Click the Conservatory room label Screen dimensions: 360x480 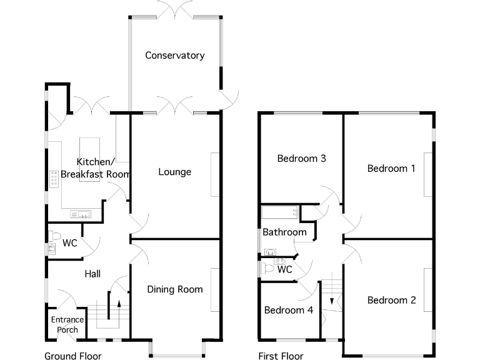174,56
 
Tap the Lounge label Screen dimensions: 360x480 174,172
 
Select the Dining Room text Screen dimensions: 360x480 175,289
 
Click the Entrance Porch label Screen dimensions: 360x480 67,325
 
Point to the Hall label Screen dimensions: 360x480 92,274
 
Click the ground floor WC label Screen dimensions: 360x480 70,242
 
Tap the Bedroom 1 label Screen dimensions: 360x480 391,168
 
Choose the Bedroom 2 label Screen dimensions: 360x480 391,300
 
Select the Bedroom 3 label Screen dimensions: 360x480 302,158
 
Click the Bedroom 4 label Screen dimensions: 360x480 288,310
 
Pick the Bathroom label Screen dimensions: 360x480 284,232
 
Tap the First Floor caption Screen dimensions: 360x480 281,356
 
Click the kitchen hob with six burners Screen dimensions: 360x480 54,181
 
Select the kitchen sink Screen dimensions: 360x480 82,214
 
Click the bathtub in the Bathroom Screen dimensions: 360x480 279,212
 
